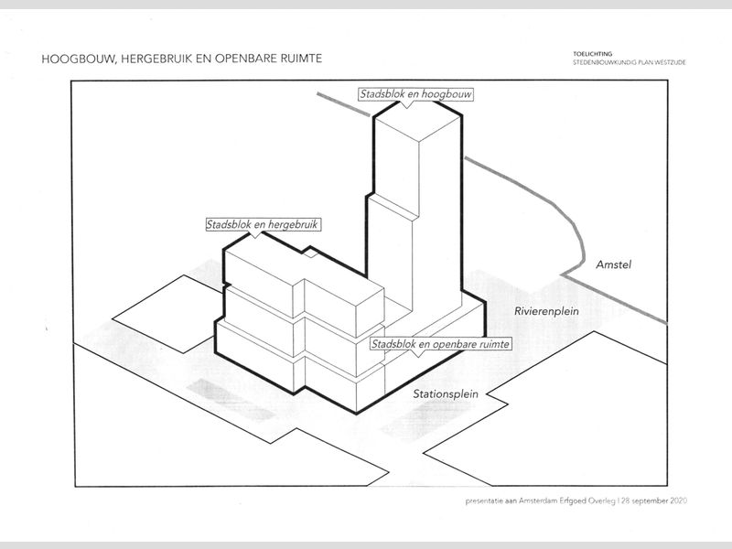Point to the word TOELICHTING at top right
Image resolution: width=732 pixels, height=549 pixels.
tap(591, 54)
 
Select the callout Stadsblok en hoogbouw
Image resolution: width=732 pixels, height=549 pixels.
tap(408, 94)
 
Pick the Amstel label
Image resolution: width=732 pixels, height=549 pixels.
tap(614, 265)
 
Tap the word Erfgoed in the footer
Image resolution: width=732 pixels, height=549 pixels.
tap(572, 501)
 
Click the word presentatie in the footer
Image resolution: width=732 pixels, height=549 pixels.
tap(485, 501)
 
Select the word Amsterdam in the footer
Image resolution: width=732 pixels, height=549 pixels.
tap(534, 501)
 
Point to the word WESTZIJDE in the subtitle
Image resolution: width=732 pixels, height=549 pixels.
tap(670, 62)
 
